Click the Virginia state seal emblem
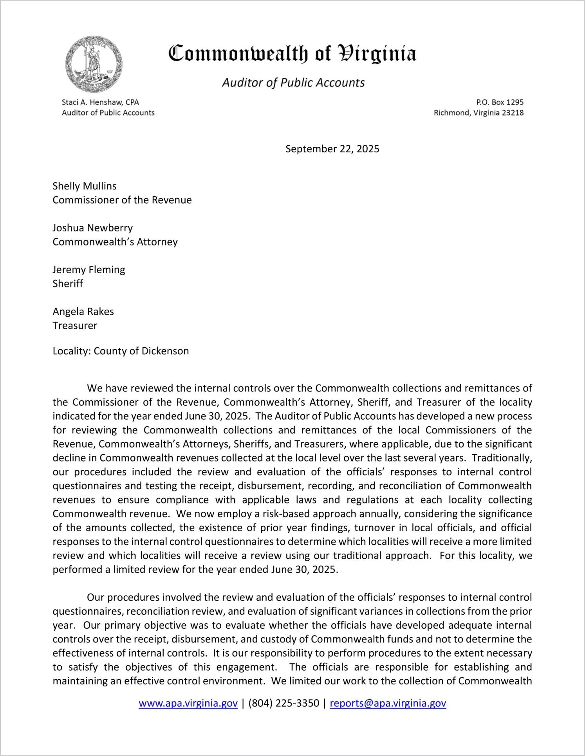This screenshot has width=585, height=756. pyautogui.click(x=94, y=65)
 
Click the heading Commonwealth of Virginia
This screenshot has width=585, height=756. pyautogui.click(x=292, y=54)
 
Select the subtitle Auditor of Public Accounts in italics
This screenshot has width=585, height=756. pyautogui.click(x=293, y=83)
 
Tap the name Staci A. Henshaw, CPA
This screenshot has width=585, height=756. pyautogui.click(x=100, y=102)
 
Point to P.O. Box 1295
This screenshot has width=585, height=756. pyautogui.click(x=500, y=102)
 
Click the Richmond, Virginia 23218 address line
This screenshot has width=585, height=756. pyautogui.click(x=478, y=113)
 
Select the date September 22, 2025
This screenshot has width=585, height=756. pyautogui.click(x=332, y=149)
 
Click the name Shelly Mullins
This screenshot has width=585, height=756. pyautogui.click(x=85, y=186)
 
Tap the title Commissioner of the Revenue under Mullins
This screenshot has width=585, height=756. pyautogui.click(x=122, y=200)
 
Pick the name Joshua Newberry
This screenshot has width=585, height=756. pyautogui.click(x=93, y=228)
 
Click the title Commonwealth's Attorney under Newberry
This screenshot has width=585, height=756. pyautogui.click(x=115, y=242)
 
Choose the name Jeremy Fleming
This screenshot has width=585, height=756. pyautogui.click(x=89, y=270)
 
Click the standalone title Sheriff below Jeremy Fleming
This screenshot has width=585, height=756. pyautogui.click(x=68, y=283)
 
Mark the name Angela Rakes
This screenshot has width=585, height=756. pyautogui.click(x=83, y=312)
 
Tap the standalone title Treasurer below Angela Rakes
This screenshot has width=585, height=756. pyautogui.click(x=75, y=326)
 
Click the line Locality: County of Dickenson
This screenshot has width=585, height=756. pyautogui.click(x=121, y=351)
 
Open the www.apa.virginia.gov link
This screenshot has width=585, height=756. pyautogui.click(x=188, y=703)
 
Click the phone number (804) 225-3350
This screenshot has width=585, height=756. pyautogui.click(x=283, y=703)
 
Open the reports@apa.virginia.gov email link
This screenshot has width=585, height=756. pyautogui.click(x=388, y=703)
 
